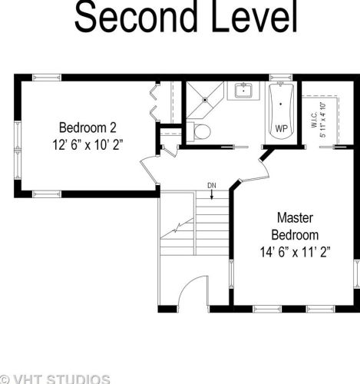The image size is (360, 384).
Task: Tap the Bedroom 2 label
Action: coord(88,127)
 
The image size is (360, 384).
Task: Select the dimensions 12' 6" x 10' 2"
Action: coord(88,145)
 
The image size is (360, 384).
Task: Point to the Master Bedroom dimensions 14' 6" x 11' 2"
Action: coord(296,252)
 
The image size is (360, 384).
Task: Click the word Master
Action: coord(295,218)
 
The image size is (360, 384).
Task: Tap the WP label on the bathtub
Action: coord(281,128)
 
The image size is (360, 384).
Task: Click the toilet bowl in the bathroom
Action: coord(202,131)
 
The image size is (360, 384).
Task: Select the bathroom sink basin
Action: coord(243,91)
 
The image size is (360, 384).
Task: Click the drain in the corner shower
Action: coord(205,100)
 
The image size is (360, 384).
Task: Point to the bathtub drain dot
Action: coord(281,104)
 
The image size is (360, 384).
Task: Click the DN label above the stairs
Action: coord(212,186)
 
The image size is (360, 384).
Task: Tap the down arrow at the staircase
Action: coord(212,194)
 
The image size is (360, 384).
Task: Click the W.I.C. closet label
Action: coord(314,120)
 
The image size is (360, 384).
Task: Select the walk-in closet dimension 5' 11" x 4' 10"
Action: coord(322,120)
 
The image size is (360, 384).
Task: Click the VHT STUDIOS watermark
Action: coord(55,379)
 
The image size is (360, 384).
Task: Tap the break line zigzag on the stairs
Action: coord(177,229)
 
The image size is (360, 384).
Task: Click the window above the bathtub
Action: coord(281,78)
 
